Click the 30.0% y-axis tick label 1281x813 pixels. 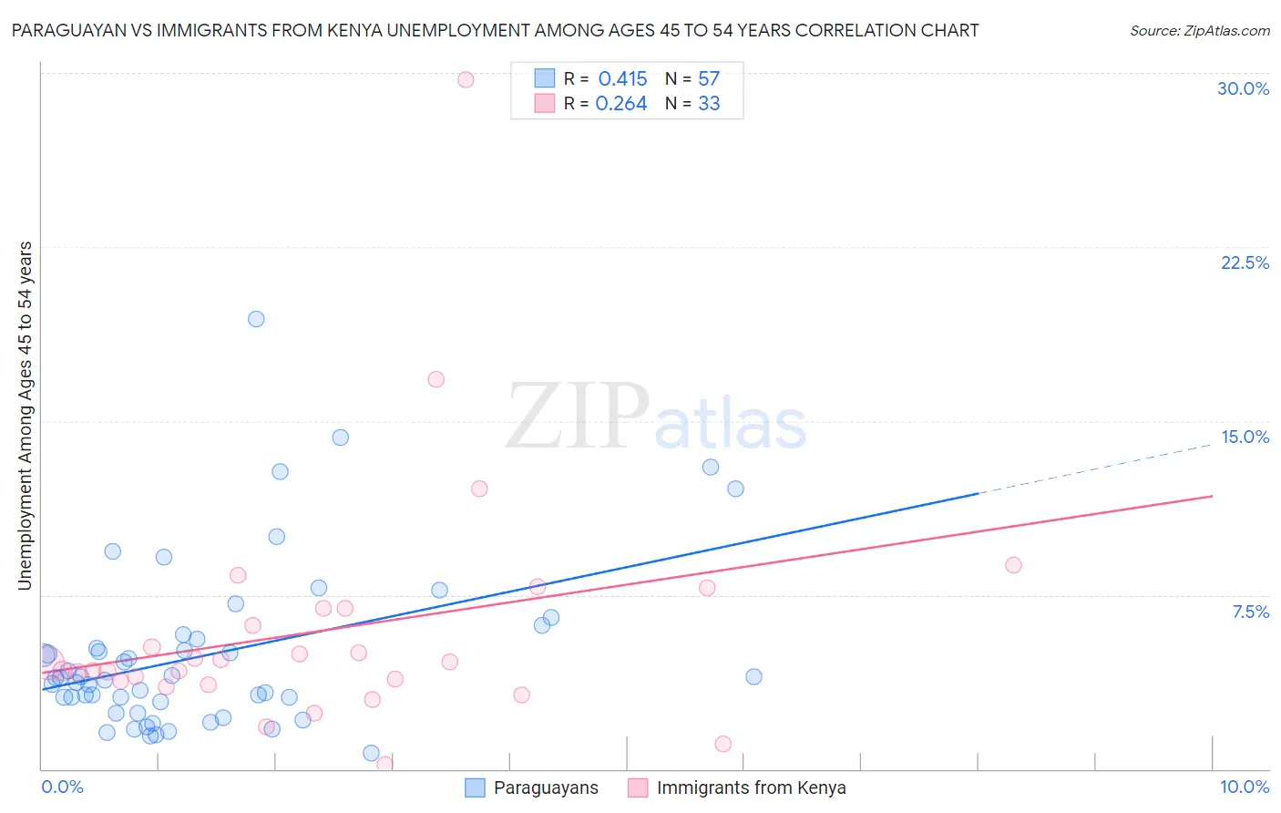(x=1243, y=88)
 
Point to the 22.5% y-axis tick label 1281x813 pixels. (x=1245, y=262)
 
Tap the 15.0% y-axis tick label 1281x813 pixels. (x=1245, y=437)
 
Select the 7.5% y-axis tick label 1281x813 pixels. (x=1250, y=612)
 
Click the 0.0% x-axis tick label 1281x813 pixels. (x=62, y=787)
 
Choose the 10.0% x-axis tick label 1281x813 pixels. (x=1244, y=787)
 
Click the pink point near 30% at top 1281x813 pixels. (x=466, y=79)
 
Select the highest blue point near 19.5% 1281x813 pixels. (x=256, y=319)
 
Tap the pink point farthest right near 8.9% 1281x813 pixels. (x=1013, y=565)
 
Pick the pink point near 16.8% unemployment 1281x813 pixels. (x=436, y=379)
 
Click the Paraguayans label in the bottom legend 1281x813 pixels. (x=546, y=788)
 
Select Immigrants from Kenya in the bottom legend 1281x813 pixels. (x=751, y=788)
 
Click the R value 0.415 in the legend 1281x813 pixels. (x=622, y=79)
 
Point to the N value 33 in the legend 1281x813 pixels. (x=709, y=104)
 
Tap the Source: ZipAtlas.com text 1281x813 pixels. (x=1199, y=30)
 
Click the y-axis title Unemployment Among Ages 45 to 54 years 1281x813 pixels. (x=25, y=416)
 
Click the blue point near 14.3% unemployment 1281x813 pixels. (x=340, y=437)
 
